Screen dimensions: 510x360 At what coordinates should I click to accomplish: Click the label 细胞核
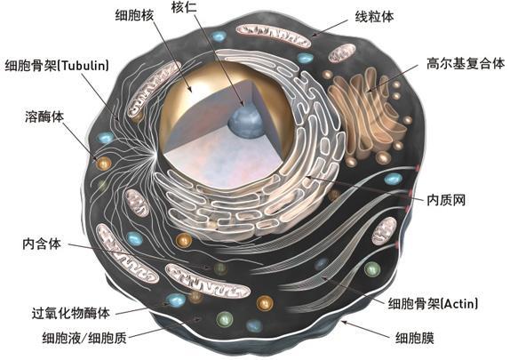(134, 15)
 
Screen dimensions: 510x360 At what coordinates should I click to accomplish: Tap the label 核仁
(184, 7)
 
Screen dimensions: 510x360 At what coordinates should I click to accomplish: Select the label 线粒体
(374, 17)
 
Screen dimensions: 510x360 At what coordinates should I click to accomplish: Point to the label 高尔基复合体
(466, 63)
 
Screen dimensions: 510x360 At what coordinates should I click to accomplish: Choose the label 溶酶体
(44, 116)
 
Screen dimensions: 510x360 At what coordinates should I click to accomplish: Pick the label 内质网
(446, 200)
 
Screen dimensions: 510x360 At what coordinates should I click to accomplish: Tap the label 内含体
(42, 244)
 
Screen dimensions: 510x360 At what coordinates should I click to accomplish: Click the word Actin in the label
(459, 304)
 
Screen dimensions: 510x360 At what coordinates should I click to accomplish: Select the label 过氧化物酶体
(71, 313)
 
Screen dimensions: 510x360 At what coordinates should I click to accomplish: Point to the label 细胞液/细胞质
(84, 338)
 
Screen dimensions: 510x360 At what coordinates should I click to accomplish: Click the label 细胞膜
(415, 338)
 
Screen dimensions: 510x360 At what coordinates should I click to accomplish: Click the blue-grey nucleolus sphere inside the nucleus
(245, 122)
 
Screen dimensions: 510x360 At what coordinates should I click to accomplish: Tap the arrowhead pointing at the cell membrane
(345, 323)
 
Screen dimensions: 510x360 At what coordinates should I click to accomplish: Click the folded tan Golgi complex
(368, 112)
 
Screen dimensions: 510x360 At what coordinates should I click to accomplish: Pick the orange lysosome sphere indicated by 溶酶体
(104, 163)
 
